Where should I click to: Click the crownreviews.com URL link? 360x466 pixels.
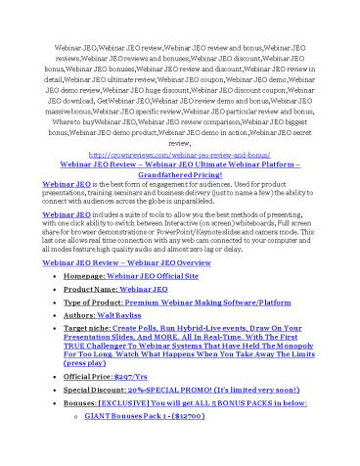[179, 154]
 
